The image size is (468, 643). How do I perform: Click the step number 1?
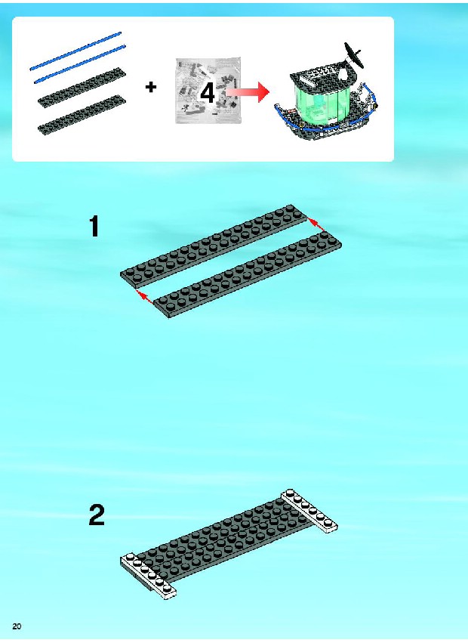[94, 227]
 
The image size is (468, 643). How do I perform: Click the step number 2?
[97, 515]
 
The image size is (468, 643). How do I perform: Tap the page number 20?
[17, 626]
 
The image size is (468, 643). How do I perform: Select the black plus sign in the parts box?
[151, 87]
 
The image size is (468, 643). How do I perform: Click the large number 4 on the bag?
[208, 94]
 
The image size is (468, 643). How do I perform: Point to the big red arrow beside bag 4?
[248, 93]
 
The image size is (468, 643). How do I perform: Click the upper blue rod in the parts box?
[75, 51]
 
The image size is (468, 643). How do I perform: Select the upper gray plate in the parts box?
[82, 88]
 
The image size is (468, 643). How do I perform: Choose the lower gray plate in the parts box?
[82, 115]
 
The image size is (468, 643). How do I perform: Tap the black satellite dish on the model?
[354, 54]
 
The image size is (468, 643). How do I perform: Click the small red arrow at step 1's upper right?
[315, 224]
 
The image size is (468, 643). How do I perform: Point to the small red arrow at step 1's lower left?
[145, 296]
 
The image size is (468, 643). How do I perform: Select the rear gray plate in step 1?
[214, 247]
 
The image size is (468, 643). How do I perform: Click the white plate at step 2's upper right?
[309, 511]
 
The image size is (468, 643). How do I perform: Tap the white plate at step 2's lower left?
[149, 577]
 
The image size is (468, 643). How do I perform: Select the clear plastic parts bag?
[208, 91]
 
